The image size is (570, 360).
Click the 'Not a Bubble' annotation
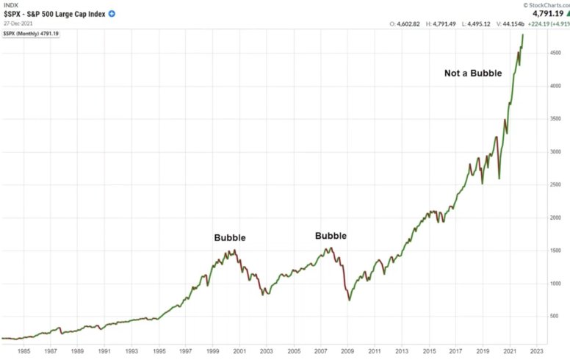click(x=473, y=73)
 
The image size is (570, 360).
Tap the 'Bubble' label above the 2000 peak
click(x=230, y=238)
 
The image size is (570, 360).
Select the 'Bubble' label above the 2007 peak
click(x=331, y=236)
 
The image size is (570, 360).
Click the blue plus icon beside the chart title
click(x=112, y=14)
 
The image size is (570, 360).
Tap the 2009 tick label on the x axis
click(x=348, y=351)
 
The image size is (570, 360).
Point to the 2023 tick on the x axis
click(x=538, y=351)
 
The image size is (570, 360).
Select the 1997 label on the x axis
click(x=185, y=351)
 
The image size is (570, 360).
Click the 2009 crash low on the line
click(x=350, y=300)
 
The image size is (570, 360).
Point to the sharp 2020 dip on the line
click(x=499, y=178)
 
